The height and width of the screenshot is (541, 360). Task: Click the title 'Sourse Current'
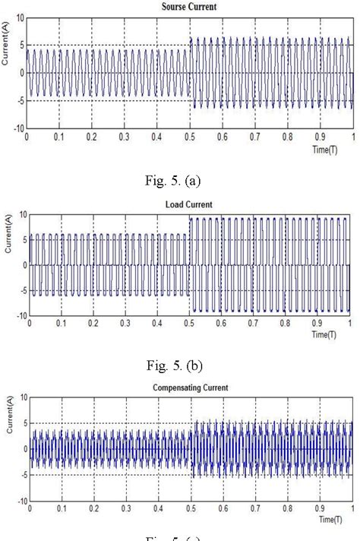(189, 6)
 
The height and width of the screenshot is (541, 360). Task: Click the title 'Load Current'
(189, 204)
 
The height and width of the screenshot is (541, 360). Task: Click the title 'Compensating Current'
(190, 388)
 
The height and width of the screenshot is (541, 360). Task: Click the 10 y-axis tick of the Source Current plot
(19, 17)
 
